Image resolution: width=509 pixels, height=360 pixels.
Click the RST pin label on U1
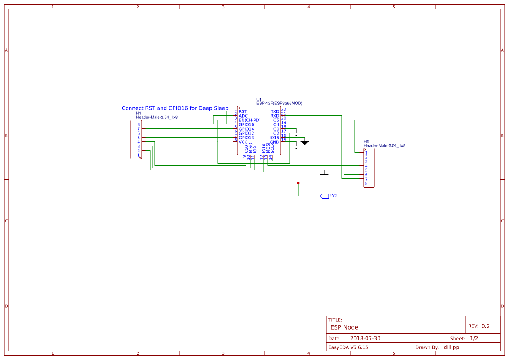(243, 112)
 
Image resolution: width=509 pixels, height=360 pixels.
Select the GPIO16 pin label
(246, 124)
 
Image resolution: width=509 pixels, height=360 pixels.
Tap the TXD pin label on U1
(274, 112)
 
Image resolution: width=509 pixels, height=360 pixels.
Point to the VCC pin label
(243, 142)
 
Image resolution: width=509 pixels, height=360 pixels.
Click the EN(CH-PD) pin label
(249, 120)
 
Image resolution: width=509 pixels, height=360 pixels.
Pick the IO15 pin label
(274, 138)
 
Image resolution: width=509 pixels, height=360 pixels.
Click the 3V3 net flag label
(334, 196)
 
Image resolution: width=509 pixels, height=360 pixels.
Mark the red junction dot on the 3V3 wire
(298, 183)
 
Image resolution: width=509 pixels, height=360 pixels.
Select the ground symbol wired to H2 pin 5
(324, 175)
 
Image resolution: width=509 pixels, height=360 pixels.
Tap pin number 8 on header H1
(138, 125)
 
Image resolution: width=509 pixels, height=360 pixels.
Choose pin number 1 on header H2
(366, 153)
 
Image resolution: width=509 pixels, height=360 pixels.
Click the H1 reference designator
(138, 113)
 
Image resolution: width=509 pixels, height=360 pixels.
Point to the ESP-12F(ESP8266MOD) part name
(279, 104)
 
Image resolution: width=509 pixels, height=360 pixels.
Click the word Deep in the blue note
(205, 108)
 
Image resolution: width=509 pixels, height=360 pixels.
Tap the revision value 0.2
(485, 326)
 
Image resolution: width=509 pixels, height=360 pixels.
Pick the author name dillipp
(451, 347)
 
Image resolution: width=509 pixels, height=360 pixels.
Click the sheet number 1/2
(474, 338)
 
